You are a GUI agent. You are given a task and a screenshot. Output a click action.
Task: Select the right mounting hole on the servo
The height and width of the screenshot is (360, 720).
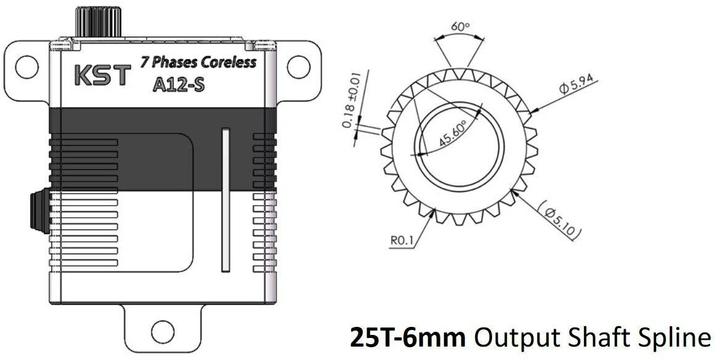point(296,67)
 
